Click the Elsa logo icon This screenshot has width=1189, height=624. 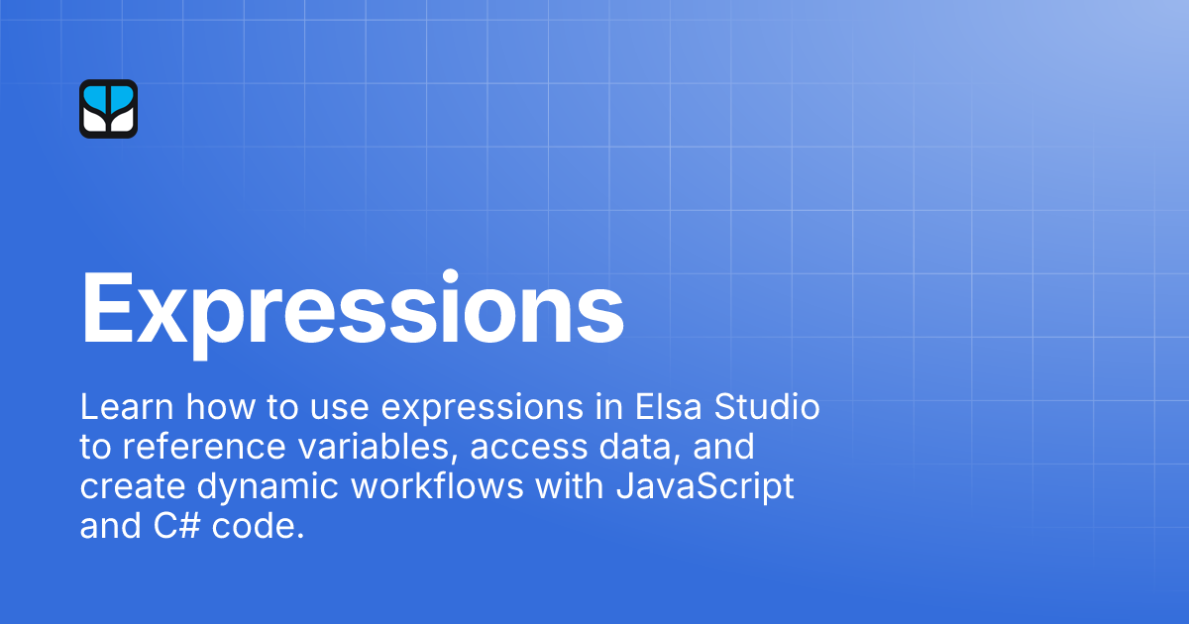(x=108, y=109)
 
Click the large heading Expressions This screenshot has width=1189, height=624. (x=352, y=308)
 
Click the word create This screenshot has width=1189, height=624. (x=125, y=488)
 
